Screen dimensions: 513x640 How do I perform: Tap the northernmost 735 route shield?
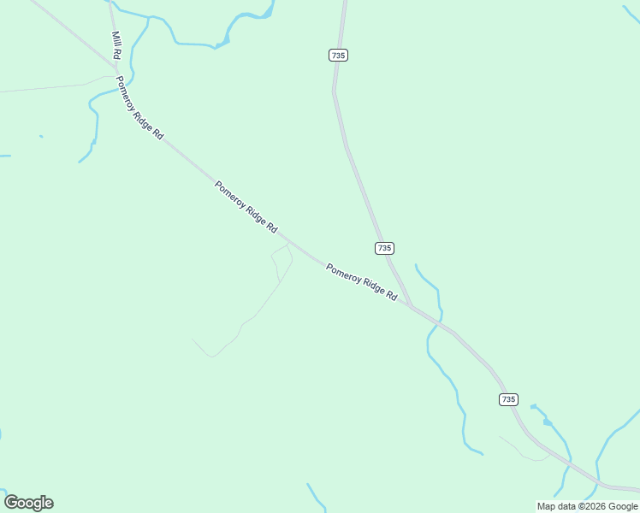pos(338,55)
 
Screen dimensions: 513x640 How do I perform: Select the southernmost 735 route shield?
pos(508,399)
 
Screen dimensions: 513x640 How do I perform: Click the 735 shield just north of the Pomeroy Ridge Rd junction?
pos(384,248)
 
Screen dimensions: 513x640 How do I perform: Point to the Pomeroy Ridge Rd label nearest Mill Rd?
pos(139,109)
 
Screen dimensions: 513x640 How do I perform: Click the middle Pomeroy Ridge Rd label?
pos(246,207)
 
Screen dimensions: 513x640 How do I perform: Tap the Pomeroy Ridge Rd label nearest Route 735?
pos(361,281)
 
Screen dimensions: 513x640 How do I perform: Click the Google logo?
pos(28,503)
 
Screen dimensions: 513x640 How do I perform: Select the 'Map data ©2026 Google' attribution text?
pos(587,506)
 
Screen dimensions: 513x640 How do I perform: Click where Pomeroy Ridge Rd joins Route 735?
pos(412,306)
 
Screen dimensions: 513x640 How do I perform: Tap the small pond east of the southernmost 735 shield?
pos(547,421)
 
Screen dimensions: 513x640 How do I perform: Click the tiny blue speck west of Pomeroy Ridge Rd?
pos(40,136)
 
